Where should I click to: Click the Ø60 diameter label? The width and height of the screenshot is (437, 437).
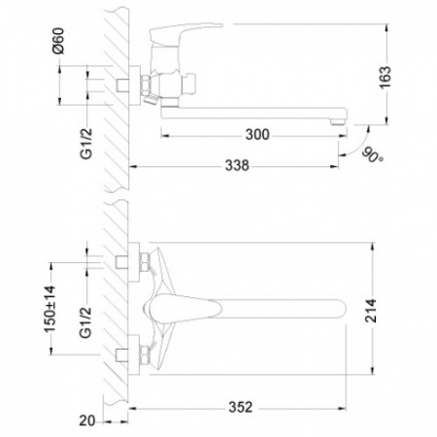tap(58, 41)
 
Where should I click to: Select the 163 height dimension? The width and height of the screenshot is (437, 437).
tap(386, 78)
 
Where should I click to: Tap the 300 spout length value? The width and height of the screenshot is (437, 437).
tap(257, 134)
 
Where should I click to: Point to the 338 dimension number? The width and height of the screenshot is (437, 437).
tap(237, 165)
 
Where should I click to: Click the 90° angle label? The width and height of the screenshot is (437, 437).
tap(372, 154)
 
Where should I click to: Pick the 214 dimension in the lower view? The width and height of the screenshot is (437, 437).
tap(371, 311)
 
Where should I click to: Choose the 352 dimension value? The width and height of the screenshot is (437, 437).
tap(241, 407)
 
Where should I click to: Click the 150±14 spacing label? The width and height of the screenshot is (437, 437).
tap(50, 309)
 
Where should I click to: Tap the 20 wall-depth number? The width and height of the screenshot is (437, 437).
tap(87, 420)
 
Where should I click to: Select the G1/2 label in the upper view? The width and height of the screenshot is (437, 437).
tap(86, 144)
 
